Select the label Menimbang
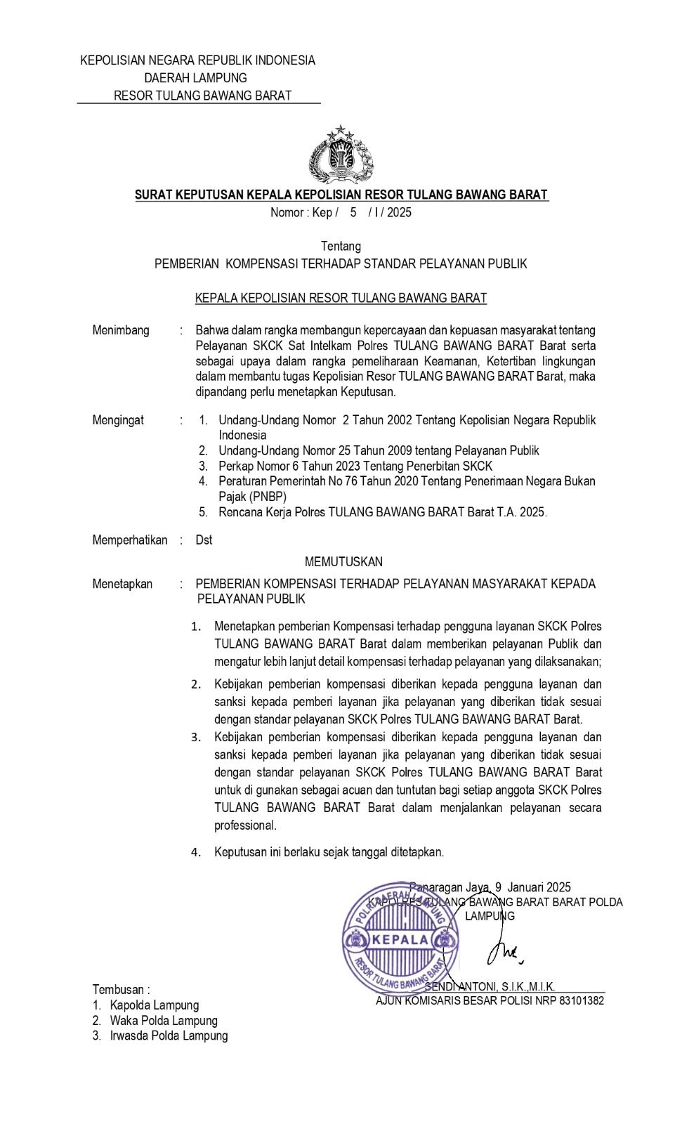121,330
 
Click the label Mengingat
118,420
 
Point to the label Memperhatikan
130,540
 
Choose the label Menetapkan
122,584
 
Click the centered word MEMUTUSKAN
343,561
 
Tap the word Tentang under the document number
341,246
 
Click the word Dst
204,540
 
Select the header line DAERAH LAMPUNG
196,78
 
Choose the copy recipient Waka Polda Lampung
164,1021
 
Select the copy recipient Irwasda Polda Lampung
169,1036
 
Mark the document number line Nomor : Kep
341,212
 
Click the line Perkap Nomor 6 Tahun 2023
355,466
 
